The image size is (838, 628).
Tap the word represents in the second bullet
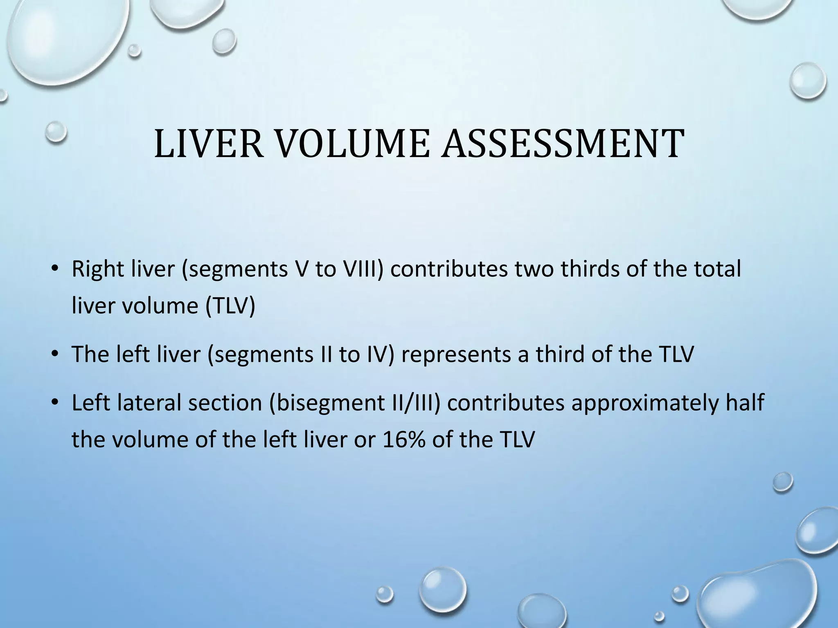(455, 354)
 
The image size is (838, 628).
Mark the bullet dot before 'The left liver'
(54, 355)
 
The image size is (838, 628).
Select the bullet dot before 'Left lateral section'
(54, 404)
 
